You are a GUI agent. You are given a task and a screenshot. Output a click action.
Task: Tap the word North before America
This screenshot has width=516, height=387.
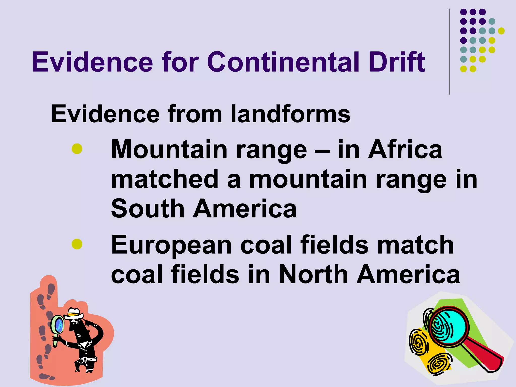[314, 275]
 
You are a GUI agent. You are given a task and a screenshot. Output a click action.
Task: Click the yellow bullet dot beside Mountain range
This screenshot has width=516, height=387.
[77, 149]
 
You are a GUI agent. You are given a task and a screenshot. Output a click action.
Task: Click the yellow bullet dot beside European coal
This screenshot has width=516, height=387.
[77, 244]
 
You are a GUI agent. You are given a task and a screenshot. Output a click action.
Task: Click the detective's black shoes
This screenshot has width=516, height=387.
[83, 369]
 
